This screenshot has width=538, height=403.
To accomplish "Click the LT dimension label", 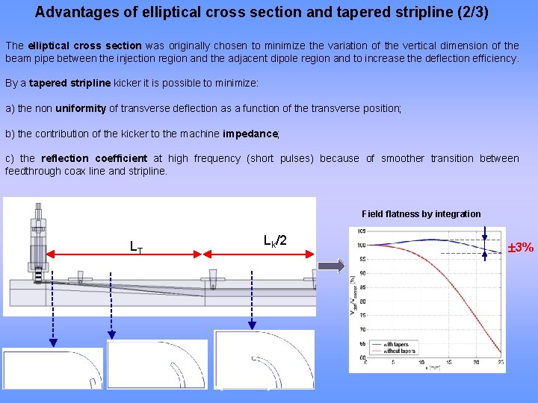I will click(136, 246).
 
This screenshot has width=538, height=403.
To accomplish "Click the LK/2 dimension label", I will click(275, 240).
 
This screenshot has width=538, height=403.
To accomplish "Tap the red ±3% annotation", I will click(521, 248).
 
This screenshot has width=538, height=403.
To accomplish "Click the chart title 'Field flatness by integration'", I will click(421, 214).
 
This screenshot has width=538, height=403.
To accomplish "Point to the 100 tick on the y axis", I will click(361, 246).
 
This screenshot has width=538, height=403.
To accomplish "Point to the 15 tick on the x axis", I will click(448, 362).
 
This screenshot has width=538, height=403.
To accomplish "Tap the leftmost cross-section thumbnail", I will click(53, 368).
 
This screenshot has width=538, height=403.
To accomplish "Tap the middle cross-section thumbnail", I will click(157, 365).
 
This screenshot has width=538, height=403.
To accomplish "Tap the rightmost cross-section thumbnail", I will click(264, 360).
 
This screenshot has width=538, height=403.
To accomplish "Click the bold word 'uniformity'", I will click(81, 109).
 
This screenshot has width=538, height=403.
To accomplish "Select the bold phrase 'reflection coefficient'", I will click(94, 158).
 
